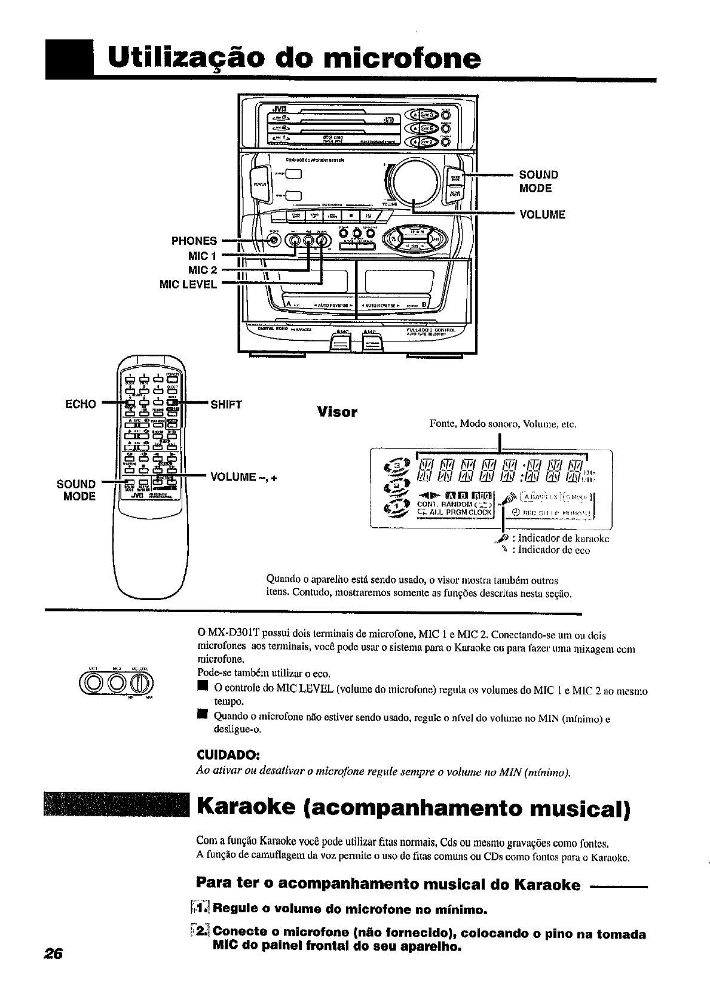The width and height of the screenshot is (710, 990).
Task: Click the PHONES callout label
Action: coord(194,241)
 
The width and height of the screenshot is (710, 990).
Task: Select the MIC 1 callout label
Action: coord(203,256)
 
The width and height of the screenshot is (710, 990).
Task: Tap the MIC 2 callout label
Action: coord(203,270)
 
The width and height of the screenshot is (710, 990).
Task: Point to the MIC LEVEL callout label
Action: coord(188,285)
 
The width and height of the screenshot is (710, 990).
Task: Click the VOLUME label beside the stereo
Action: coord(543,214)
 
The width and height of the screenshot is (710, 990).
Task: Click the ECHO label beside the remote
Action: coord(80,404)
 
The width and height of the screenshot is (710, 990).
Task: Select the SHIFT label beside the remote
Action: coord(227,404)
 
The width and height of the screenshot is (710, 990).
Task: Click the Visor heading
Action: coord(337,412)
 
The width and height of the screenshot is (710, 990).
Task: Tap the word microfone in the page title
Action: coord(401,58)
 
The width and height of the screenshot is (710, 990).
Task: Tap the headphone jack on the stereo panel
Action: coord(274,240)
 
